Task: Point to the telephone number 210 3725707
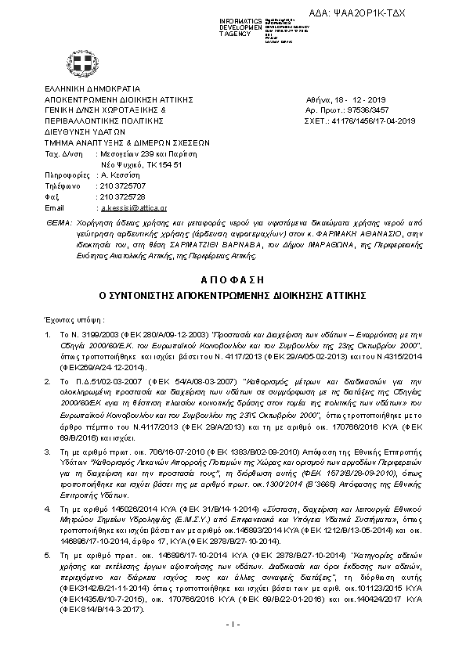[121, 186]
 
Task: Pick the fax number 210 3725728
[121, 197]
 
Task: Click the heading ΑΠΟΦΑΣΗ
[233, 279]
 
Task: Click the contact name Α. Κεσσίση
[117, 175]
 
